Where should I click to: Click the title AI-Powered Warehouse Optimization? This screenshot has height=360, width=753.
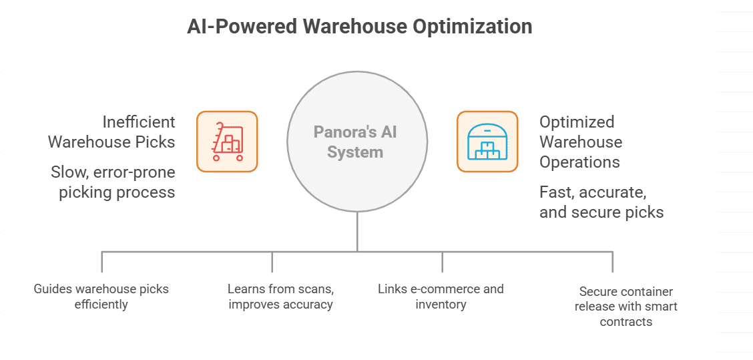[359, 27]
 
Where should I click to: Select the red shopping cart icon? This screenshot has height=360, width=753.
[227, 142]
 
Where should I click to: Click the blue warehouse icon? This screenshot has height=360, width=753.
[487, 142]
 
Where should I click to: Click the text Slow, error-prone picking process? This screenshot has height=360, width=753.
[113, 182]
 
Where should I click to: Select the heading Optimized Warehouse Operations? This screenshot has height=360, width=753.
[580, 142]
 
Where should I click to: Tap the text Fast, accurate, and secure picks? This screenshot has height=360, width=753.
[601, 202]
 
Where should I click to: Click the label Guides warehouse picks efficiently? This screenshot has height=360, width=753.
[101, 297]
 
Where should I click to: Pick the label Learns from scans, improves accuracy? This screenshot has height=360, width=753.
[280, 297]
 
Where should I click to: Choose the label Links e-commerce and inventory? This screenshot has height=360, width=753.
[441, 297]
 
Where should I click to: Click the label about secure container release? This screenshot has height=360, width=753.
[626, 307]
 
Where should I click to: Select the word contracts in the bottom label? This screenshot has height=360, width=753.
[626, 322]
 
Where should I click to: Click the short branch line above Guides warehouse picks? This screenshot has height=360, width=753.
[101, 262]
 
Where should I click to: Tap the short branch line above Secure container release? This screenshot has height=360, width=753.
[612, 262]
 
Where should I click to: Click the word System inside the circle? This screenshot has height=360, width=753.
[355, 152]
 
